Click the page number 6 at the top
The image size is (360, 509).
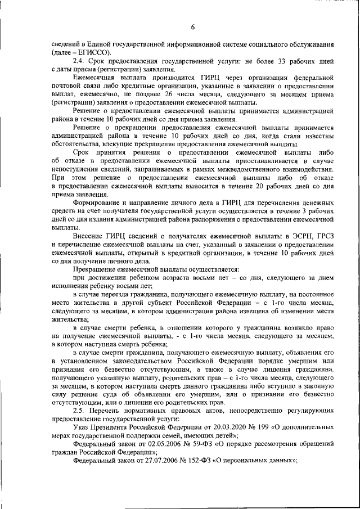(192, 26)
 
